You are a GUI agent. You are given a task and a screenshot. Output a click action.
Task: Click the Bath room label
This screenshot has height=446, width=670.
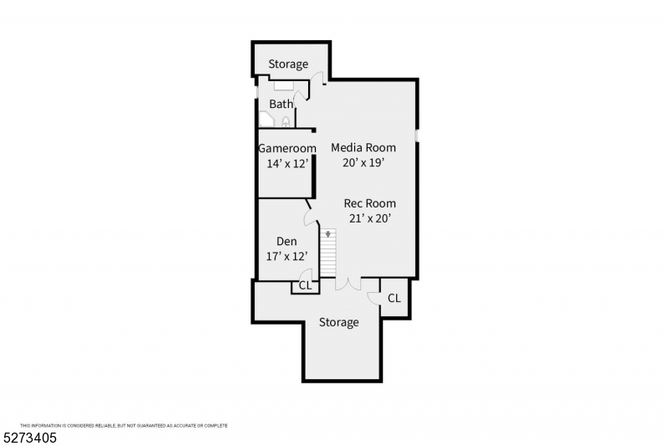[x=281, y=104]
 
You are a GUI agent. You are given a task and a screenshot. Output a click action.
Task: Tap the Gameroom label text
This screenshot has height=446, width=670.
[x=287, y=148]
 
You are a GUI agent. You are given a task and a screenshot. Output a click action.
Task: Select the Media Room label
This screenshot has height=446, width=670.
[x=363, y=147]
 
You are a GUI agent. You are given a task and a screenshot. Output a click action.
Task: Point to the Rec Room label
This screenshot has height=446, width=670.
[x=369, y=203]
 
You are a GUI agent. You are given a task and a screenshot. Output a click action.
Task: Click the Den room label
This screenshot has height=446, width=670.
[x=286, y=242]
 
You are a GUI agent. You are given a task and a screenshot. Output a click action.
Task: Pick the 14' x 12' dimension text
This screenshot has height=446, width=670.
[x=287, y=163]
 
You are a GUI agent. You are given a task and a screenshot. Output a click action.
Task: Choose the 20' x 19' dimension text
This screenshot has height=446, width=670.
[x=363, y=162]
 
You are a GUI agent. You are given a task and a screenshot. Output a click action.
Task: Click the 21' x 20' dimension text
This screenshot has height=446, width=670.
[x=370, y=218]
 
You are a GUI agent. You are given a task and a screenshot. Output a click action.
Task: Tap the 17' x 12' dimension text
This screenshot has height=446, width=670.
[x=286, y=257]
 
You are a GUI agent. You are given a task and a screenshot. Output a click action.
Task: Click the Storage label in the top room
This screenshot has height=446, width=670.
[x=288, y=64]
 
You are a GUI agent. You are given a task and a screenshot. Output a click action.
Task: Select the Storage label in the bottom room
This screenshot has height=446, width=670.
[x=339, y=322]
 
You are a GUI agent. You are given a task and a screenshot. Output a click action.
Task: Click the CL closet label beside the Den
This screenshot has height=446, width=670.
[x=305, y=285]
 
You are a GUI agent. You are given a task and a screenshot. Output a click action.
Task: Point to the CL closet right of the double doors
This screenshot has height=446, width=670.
[x=394, y=299]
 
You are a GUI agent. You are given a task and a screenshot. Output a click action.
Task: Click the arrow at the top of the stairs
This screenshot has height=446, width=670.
[x=327, y=234]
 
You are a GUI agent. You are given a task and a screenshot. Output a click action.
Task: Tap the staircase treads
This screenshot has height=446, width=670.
[x=328, y=253]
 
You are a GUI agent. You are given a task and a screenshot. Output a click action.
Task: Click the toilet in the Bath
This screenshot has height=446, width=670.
[x=286, y=122]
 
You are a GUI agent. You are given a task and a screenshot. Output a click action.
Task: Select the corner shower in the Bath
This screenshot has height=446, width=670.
[x=266, y=119]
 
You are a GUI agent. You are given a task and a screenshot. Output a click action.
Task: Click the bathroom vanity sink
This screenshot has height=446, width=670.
[x=283, y=85]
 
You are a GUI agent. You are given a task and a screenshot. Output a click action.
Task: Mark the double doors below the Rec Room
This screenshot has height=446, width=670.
[x=348, y=285]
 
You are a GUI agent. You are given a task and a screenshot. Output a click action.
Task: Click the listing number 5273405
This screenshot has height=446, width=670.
[x=30, y=438]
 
